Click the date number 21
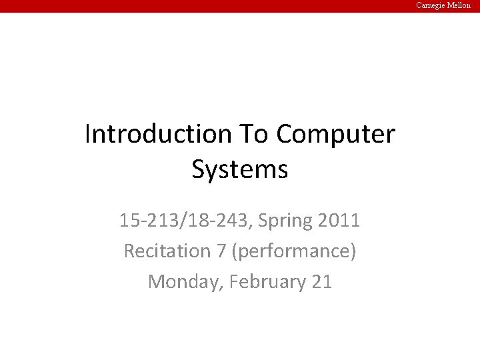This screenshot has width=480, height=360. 321,281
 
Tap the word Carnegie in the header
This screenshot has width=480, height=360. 432,5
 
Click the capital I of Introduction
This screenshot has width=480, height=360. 88,135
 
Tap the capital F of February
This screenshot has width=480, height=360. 233,281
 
